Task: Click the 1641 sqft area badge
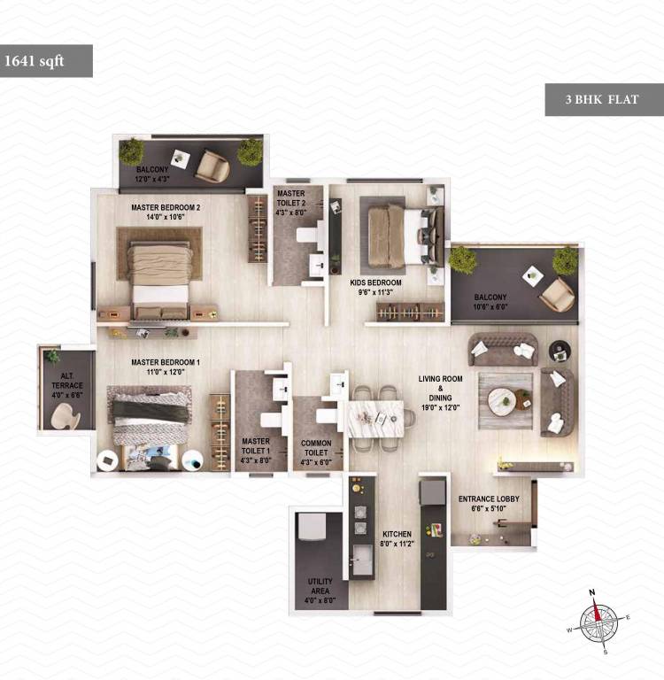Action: pos(45,61)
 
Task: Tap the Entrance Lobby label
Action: pos(489,504)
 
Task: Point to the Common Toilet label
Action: pos(315,447)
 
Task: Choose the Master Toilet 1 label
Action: pos(256,445)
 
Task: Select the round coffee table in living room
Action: pos(505,401)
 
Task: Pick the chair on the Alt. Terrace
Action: pos(65,414)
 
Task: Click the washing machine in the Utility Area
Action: pos(313,526)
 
